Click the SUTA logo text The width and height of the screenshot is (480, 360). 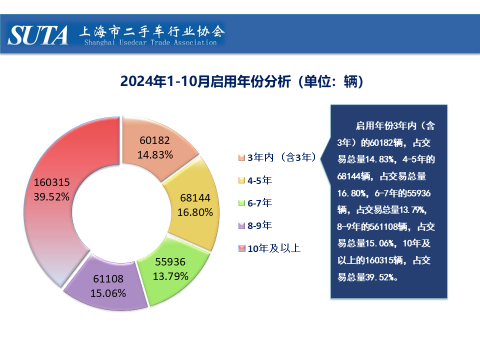[x=38, y=35]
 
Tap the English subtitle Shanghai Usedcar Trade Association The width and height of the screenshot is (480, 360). [x=150, y=43]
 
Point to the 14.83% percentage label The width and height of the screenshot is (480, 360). [x=155, y=155]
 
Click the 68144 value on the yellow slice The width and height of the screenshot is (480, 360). [x=195, y=198]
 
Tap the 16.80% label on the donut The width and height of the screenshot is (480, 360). [x=195, y=212]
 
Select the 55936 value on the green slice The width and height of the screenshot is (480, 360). [x=170, y=261]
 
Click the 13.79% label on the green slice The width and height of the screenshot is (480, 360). [x=171, y=275]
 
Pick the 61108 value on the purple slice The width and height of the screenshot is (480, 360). [x=108, y=279]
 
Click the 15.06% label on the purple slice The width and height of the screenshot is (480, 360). [x=108, y=293]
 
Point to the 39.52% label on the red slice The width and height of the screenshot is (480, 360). [x=51, y=196]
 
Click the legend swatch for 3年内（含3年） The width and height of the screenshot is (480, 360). [x=242, y=158]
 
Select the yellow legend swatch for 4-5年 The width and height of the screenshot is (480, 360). [x=242, y=180]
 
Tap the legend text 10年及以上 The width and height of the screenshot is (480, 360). [x=274, y=248]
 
